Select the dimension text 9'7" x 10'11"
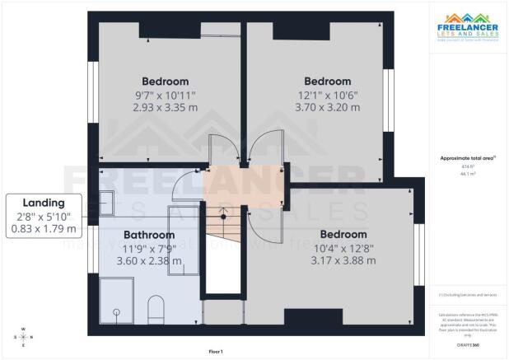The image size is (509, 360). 165,95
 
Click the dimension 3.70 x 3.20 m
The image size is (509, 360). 327,107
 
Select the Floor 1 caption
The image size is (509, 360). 215,352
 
